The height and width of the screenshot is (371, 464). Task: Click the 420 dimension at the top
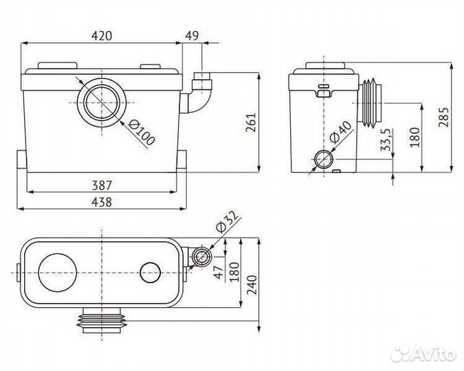[101, 35]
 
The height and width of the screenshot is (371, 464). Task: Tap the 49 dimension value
[191, 35]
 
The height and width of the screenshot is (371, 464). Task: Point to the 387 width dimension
[101, 184]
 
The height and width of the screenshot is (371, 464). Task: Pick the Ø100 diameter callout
[142, 131]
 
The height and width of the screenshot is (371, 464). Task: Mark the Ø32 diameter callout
[226, 223]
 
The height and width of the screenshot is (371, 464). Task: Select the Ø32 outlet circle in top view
[201, 258]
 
